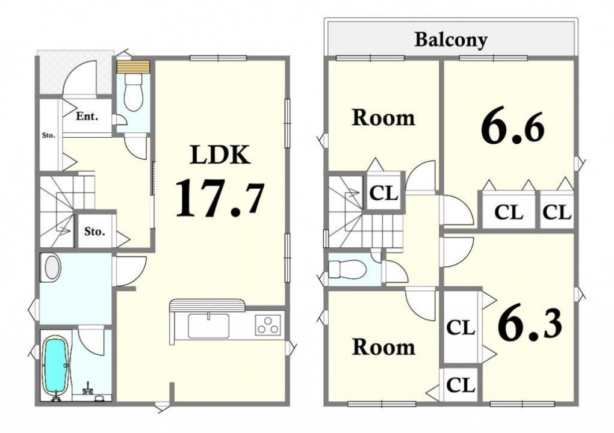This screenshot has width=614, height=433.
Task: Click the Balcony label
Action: coord(451,40)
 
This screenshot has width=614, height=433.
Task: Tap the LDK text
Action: coord(220,155)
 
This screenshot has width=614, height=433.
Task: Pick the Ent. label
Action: coord(87,116)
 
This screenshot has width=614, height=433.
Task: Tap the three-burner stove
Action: coord(268,325)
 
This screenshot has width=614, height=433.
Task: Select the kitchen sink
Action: coord(209,325)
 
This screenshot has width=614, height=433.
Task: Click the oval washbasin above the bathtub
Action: coord(52,268)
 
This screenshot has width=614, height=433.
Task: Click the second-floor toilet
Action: coord(347,269)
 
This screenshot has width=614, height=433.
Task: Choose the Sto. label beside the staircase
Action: coord(95,231)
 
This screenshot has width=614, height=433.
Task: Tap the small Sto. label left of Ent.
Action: coord(49,136)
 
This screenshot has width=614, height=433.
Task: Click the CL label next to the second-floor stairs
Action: coord(384,193)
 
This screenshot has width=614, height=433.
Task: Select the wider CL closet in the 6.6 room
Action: coord(509,209)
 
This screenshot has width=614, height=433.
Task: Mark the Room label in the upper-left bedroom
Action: coord(383,118)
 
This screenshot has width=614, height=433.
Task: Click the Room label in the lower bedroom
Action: coord(383,347)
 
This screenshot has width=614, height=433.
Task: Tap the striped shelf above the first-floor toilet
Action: coord(133,67)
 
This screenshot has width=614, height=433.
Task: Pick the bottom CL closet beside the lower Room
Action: coord(461,384)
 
